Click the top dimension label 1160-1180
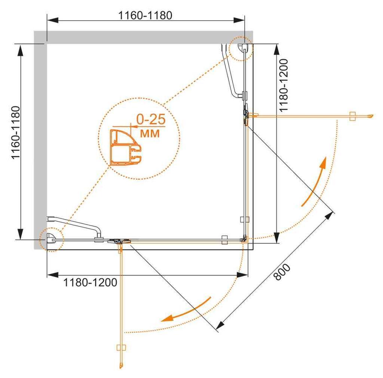click(x=145, y=15)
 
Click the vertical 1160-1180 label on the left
click(x=16, y=133)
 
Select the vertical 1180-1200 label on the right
click(x=284, y=86)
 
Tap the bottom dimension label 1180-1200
click(x=90, y=283)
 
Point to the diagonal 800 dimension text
click(x=282, y=272)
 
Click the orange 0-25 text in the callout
click(x=151, y=119)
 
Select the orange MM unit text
click(x=150, y=133)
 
